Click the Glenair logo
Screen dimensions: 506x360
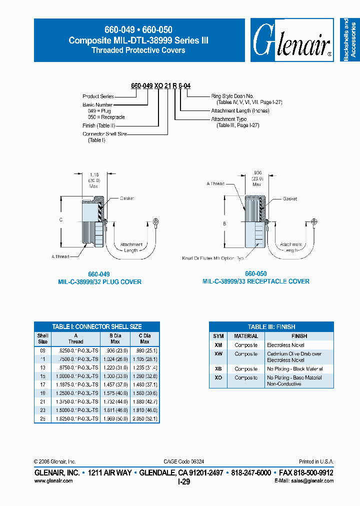(x=292, y=40)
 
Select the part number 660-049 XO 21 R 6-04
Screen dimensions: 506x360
(x=160, y=86)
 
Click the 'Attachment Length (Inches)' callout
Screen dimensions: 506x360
(x=240, y=110)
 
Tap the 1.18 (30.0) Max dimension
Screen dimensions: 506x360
(x=93, y=180)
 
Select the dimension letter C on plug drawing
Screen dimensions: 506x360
(x=61, y=219)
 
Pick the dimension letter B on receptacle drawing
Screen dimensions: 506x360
(x=224, y=224)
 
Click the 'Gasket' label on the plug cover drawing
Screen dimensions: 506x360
(x=127, y=198)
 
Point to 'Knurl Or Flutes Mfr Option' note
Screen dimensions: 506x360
(x=213, y=258)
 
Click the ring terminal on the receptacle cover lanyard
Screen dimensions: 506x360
(x=313, y=221)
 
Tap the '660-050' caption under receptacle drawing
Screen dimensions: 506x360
(x=255, y=274)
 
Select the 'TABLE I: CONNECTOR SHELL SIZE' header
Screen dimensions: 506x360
(x=96, y=326)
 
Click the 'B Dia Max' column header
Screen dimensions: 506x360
(x=114, y=338)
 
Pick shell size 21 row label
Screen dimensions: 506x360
(x=42, y=401)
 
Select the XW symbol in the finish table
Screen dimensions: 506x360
(x=218, y=353)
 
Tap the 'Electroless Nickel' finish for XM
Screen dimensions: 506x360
(x=285, y=345)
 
